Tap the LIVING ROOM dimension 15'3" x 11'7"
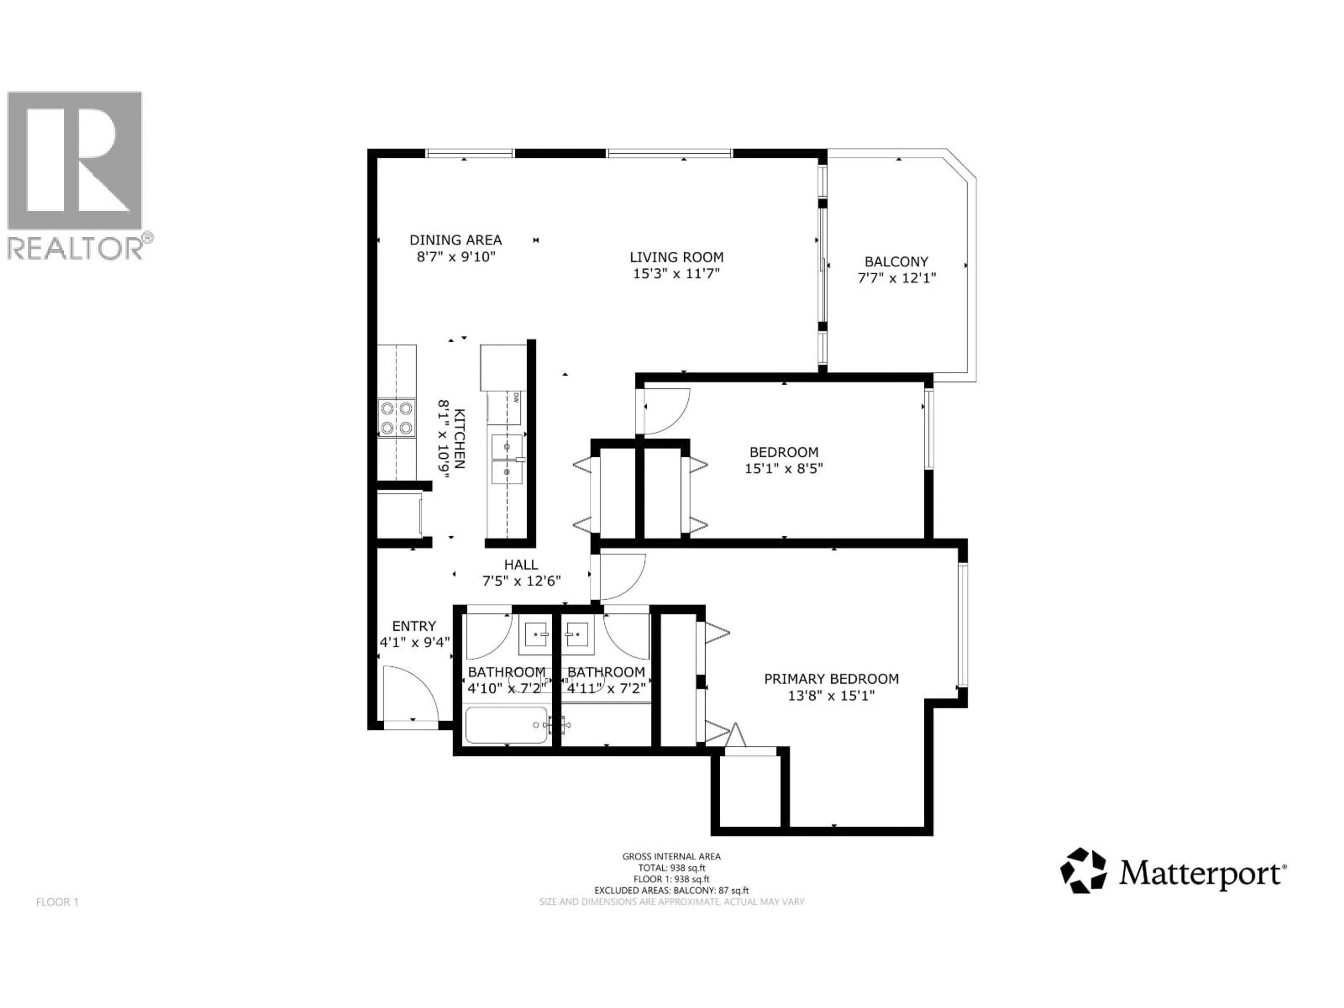pos(676,273)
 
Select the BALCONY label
pos(896,262)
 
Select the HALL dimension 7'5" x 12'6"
pos(521,581)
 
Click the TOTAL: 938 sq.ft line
pos(671,868)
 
